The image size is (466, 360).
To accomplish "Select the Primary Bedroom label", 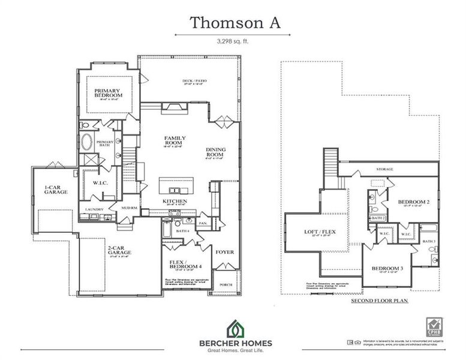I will click(x=109, y=93).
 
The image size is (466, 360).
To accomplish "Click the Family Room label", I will click(x=175, y=140).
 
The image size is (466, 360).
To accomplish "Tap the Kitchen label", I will click(x=175, y=201).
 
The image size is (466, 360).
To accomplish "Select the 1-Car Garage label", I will click(x=55, y=190).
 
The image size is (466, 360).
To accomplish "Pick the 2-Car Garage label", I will click(x=119, y=250).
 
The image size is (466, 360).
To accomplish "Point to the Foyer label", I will click(x=225, y=252).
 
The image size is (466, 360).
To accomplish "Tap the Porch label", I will click(x=227, y=284).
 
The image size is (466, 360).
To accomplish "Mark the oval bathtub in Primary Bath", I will click(x=88, y=143).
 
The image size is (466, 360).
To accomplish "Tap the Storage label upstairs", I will click(x=385, y=169).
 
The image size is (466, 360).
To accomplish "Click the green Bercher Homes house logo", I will click(x=234, y=328).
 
